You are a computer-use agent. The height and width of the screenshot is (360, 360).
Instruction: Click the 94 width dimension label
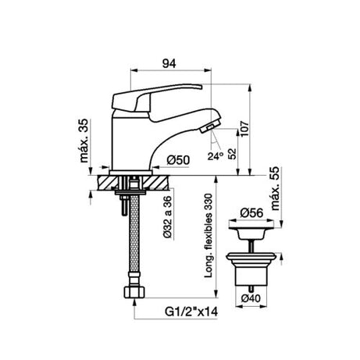[x=169, y=63]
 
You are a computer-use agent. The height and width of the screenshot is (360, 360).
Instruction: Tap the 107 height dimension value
[x=244, y=129]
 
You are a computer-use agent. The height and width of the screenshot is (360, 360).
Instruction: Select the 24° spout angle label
[x=215, y=156]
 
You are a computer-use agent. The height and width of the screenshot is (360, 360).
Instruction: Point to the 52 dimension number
[x=232, y=154]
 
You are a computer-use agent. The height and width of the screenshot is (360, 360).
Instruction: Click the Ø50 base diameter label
[x=178, y=160]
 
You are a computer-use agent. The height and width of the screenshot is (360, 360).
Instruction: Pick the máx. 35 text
[x=84, y=141]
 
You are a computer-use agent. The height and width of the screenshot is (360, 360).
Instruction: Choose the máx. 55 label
[x=275, y=188]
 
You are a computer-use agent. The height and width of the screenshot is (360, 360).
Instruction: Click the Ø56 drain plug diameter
[x=251, y=213]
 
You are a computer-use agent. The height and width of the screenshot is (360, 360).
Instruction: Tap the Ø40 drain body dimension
[x=251, y=298]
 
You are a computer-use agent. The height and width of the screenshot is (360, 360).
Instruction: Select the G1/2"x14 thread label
[x=191, y=312]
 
